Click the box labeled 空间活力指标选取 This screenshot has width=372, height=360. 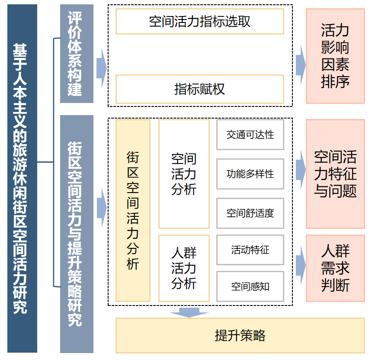pos(199,22)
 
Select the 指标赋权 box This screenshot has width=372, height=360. pos(199,89)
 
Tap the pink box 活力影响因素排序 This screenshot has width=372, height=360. pos(335,56)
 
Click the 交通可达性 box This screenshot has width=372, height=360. pos(250,135)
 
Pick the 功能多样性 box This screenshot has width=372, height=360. pos(250,174)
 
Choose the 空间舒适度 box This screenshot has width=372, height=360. pos(250,213)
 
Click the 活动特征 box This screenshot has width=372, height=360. pos(250,250)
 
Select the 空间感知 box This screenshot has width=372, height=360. pos(250,286)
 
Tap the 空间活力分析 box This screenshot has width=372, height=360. pos(184,174)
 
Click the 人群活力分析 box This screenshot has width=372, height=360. pos(184,268)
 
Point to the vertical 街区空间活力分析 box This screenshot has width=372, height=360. pos(133,210)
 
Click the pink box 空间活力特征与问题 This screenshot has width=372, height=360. pos(335,174)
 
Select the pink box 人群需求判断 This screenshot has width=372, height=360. pos(335,268)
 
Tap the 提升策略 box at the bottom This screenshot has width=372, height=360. pos(240,336)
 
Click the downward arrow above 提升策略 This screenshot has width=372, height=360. pos(189,312)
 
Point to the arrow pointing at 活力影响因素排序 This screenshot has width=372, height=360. pos(301,65)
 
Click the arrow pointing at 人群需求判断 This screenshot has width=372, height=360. pos(301,265)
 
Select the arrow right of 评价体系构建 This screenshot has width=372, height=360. pos(102,68)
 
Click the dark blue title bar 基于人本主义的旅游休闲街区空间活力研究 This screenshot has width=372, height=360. pos(22,178)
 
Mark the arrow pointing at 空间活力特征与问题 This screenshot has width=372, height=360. pos(301,170)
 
